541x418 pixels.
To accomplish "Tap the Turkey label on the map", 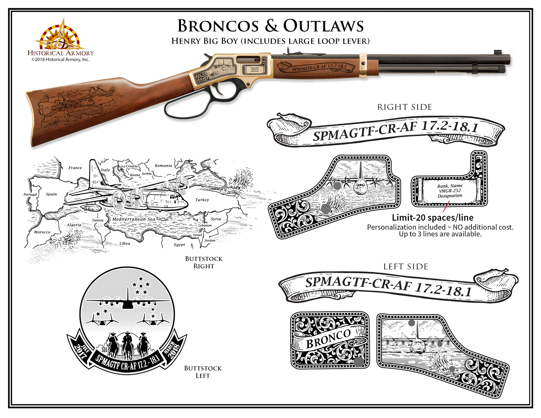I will (202, 200).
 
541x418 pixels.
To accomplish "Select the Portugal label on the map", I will (30, 195).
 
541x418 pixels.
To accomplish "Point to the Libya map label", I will (125, 243).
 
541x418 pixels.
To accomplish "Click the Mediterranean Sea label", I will (134, 219).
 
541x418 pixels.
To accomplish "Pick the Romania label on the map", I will (163, 166).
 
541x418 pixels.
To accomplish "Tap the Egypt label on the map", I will (179, 245).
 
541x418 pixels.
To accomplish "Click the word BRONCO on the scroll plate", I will (328, 339).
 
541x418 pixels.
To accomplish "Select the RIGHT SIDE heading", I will (404, 107).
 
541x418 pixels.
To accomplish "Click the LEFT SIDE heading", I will (406, 267).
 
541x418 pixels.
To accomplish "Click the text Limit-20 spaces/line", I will (433, 218).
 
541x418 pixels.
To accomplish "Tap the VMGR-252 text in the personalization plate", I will (450, 191).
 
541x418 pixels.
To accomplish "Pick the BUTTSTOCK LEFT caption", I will (203, 372).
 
